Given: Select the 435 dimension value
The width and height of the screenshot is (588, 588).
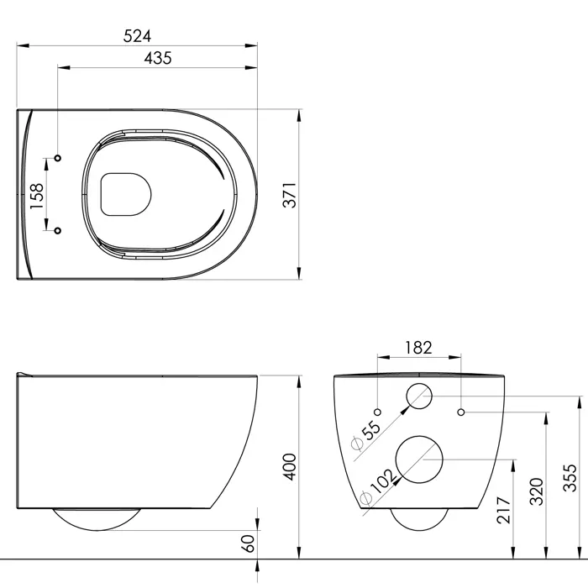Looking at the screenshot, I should (x=157, y=58).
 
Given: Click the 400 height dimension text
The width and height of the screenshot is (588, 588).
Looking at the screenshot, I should (x=289, y=467).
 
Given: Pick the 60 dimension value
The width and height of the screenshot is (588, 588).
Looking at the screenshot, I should (x=248, y=543).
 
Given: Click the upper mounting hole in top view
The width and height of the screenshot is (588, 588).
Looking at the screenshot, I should (x=58, y=158).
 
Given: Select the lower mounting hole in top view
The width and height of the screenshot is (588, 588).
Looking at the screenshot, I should (x=58, y=230).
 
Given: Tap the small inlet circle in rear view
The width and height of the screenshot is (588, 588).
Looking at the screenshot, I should (x=419, y=396).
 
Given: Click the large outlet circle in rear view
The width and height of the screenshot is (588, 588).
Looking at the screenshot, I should (x=420, y=460).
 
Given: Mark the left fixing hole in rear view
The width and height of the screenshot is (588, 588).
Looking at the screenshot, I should (x=378, y=412).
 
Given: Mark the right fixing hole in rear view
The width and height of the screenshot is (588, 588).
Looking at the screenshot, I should (x=463, y=412).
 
